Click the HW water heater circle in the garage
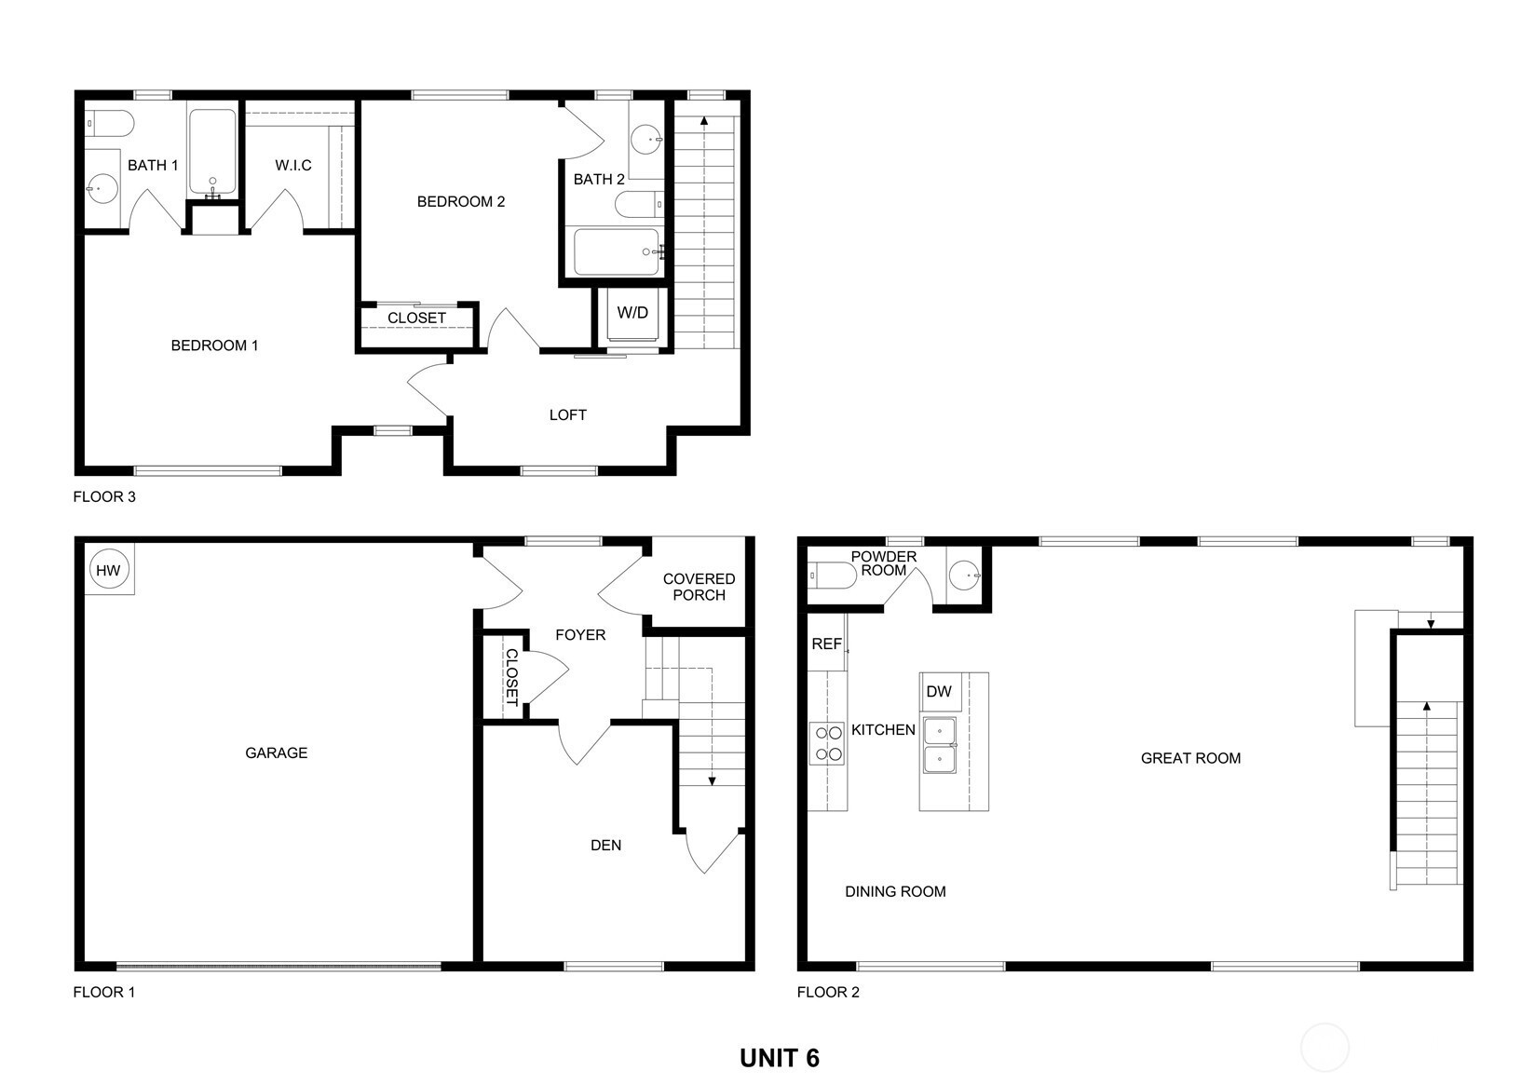(x=108, y=569)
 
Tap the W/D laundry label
(x=632, y=313)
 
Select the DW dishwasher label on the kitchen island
(x=939, y=691)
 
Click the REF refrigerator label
(x=826, y=644)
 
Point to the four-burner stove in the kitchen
(x=827, y=743)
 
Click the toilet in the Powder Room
(x=832, y=576)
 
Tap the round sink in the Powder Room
(x=965, y=576)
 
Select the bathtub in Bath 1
(x=212, y=152)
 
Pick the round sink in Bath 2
(x=645, y=140)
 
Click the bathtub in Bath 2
(x=618, y=252)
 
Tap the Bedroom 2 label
(x=460, y=201)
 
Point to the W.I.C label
(x=293, y=165)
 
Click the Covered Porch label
(x=699, y=588)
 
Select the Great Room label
(x=1190, y=758)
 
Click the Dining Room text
(x=895, y=891)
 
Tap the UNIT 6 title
(x=780, y=1058)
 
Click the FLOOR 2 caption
(x=828, y=992)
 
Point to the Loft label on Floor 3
(x=567, y=414)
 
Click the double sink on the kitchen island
(x=940, y=745)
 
